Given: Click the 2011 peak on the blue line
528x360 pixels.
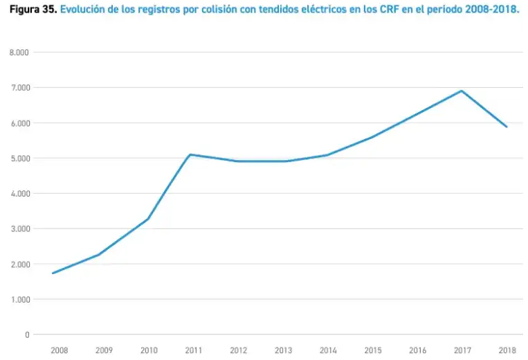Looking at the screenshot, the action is coord(190,154).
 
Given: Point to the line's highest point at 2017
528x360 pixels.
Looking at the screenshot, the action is coord(462,91).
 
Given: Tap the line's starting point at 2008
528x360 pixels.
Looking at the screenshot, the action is coord(53,273).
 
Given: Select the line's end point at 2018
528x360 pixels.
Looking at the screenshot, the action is coord(507,127).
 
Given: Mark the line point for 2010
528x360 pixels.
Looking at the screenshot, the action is coord(148,219).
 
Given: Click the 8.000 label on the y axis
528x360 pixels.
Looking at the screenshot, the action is coord(19,53).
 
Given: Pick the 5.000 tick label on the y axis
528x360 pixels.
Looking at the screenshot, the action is coord(20,159).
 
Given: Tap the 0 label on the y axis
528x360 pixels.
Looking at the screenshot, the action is coord(27,335).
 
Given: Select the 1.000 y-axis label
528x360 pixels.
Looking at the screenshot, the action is coord(20,299).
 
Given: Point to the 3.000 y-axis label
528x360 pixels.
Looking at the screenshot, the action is coord(20,229).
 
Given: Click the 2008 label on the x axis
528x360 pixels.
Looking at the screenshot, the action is coord(60,350).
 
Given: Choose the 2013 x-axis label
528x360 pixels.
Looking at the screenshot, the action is coord(283,350).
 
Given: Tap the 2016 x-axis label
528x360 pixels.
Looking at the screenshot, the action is coord(417,350).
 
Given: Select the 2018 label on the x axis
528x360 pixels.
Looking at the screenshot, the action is coord(507,350).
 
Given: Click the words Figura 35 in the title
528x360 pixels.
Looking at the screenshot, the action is coord(33,10).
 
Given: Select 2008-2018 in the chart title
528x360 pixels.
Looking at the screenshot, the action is coord(492,9).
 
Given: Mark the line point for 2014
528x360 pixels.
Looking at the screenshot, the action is coord(327,155).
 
